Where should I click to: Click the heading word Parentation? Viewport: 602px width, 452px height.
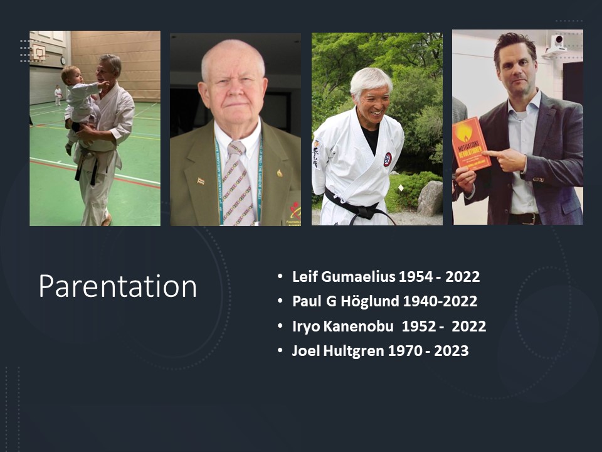(x=117, y=286)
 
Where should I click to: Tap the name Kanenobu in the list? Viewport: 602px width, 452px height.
(x=358, y=326)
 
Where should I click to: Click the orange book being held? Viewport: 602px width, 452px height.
(x=471, y=144)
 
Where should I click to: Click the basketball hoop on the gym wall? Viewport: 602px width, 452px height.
(x=39, y=52)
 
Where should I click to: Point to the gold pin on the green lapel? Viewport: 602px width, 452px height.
(x=280, y=173)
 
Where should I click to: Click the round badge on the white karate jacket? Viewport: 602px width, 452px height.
(x=388, y=159)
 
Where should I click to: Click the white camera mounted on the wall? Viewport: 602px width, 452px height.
(x=556, y=46)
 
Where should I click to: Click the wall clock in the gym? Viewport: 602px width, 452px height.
(x=63, y=61)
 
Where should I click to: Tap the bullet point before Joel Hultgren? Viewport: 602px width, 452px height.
(x=280, y=350)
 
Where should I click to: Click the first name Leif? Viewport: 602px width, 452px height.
(x=305, y=277)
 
